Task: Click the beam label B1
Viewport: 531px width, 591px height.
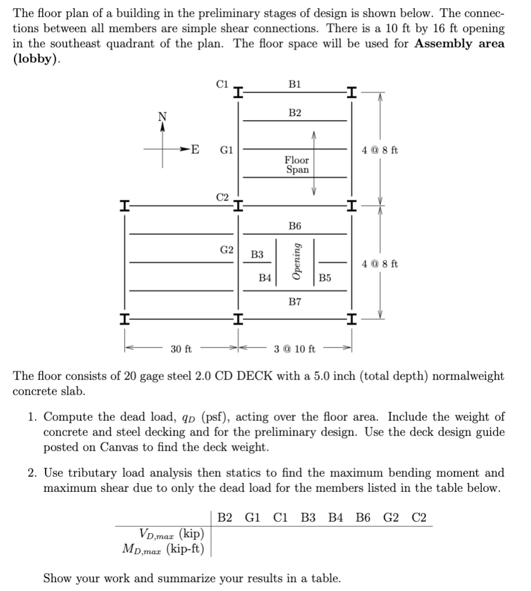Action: (295, 83)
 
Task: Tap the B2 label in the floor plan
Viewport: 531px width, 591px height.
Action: (295, 112)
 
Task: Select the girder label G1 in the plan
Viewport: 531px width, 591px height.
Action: (226, 149)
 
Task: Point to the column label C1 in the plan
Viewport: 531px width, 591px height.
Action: (222, 83)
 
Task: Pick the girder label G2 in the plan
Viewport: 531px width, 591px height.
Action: (226, 250)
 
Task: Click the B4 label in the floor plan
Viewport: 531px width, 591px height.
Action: (265, 278)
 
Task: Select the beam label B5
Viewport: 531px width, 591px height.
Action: (325, 278)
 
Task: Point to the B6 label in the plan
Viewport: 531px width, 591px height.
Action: (295, 226)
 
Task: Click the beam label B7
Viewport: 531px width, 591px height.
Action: (295, 301)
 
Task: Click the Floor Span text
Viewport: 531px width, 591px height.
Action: (297, 164)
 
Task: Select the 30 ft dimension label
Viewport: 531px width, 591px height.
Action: (181, 349)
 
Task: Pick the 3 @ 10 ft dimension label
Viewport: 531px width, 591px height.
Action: (295, 349)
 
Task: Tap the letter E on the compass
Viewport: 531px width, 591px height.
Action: (194, 149)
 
